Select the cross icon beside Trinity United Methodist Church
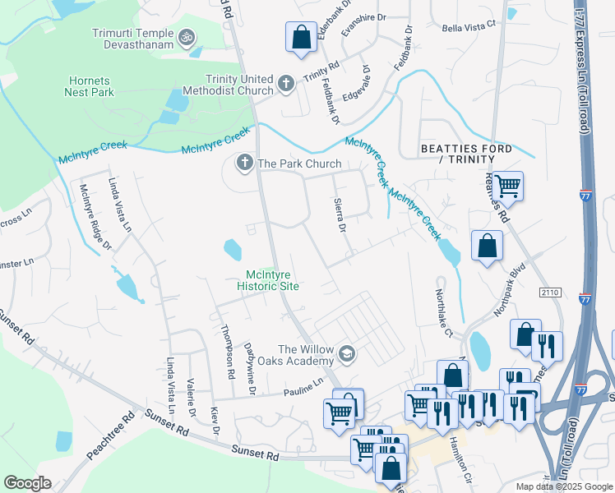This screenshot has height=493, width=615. click(285, 82)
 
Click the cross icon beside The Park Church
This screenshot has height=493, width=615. click(244, 164)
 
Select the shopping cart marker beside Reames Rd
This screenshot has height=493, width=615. click(507, 186)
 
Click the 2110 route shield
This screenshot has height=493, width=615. click(550, 292)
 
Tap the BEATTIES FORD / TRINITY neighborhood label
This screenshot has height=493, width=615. click(466, 154)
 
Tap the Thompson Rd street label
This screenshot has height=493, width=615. click(228, 351)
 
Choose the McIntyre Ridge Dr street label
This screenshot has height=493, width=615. click(94, 217)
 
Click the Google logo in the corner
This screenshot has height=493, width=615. click(28, 483)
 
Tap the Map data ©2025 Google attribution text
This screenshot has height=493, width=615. click(563, 486)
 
